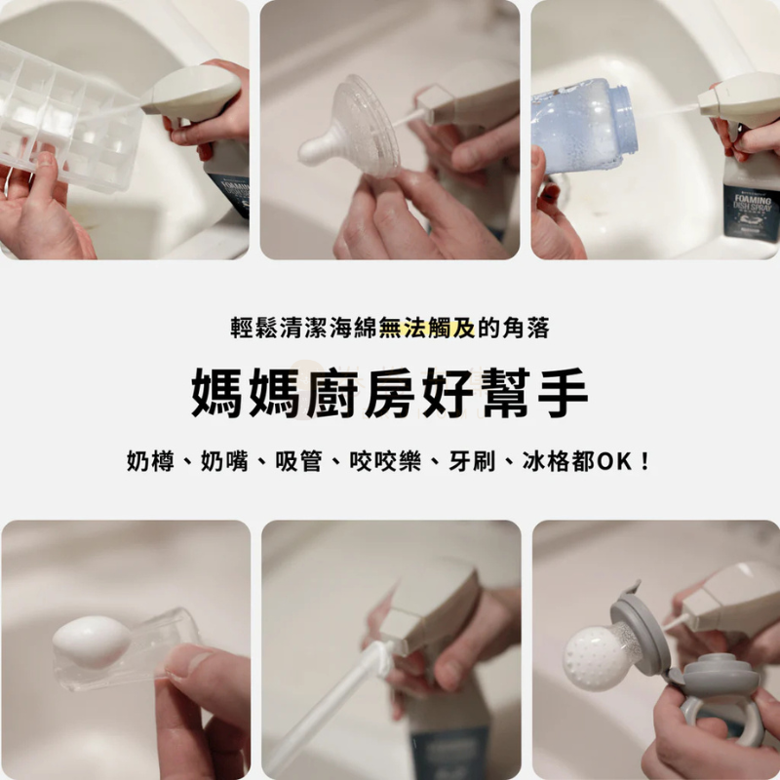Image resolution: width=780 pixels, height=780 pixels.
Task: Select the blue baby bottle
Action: click(x=583, y=126)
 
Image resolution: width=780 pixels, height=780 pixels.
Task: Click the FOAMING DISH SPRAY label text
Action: click(x=753, y=204)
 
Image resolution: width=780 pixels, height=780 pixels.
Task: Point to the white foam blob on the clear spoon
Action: click(x=92, y=642)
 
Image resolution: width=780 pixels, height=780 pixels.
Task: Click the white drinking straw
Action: click(x=324, y=712)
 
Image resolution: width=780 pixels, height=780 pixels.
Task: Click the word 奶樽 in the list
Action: click(x=150, y=460)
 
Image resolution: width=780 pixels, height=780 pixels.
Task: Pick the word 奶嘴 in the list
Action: click(x=224, y=460)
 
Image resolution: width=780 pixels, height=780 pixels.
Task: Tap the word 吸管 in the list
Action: click(x=298, y=460)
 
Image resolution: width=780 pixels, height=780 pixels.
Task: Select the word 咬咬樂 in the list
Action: click(x=385, y=460)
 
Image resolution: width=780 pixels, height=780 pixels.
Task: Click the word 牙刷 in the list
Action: click(x=472, y=460)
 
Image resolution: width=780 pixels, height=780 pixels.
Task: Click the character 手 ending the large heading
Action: click(x=563, y=393)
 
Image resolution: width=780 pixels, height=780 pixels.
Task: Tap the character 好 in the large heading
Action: click(x=450, y=393)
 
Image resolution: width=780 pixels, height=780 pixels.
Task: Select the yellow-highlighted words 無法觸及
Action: click(x=427, y=328)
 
